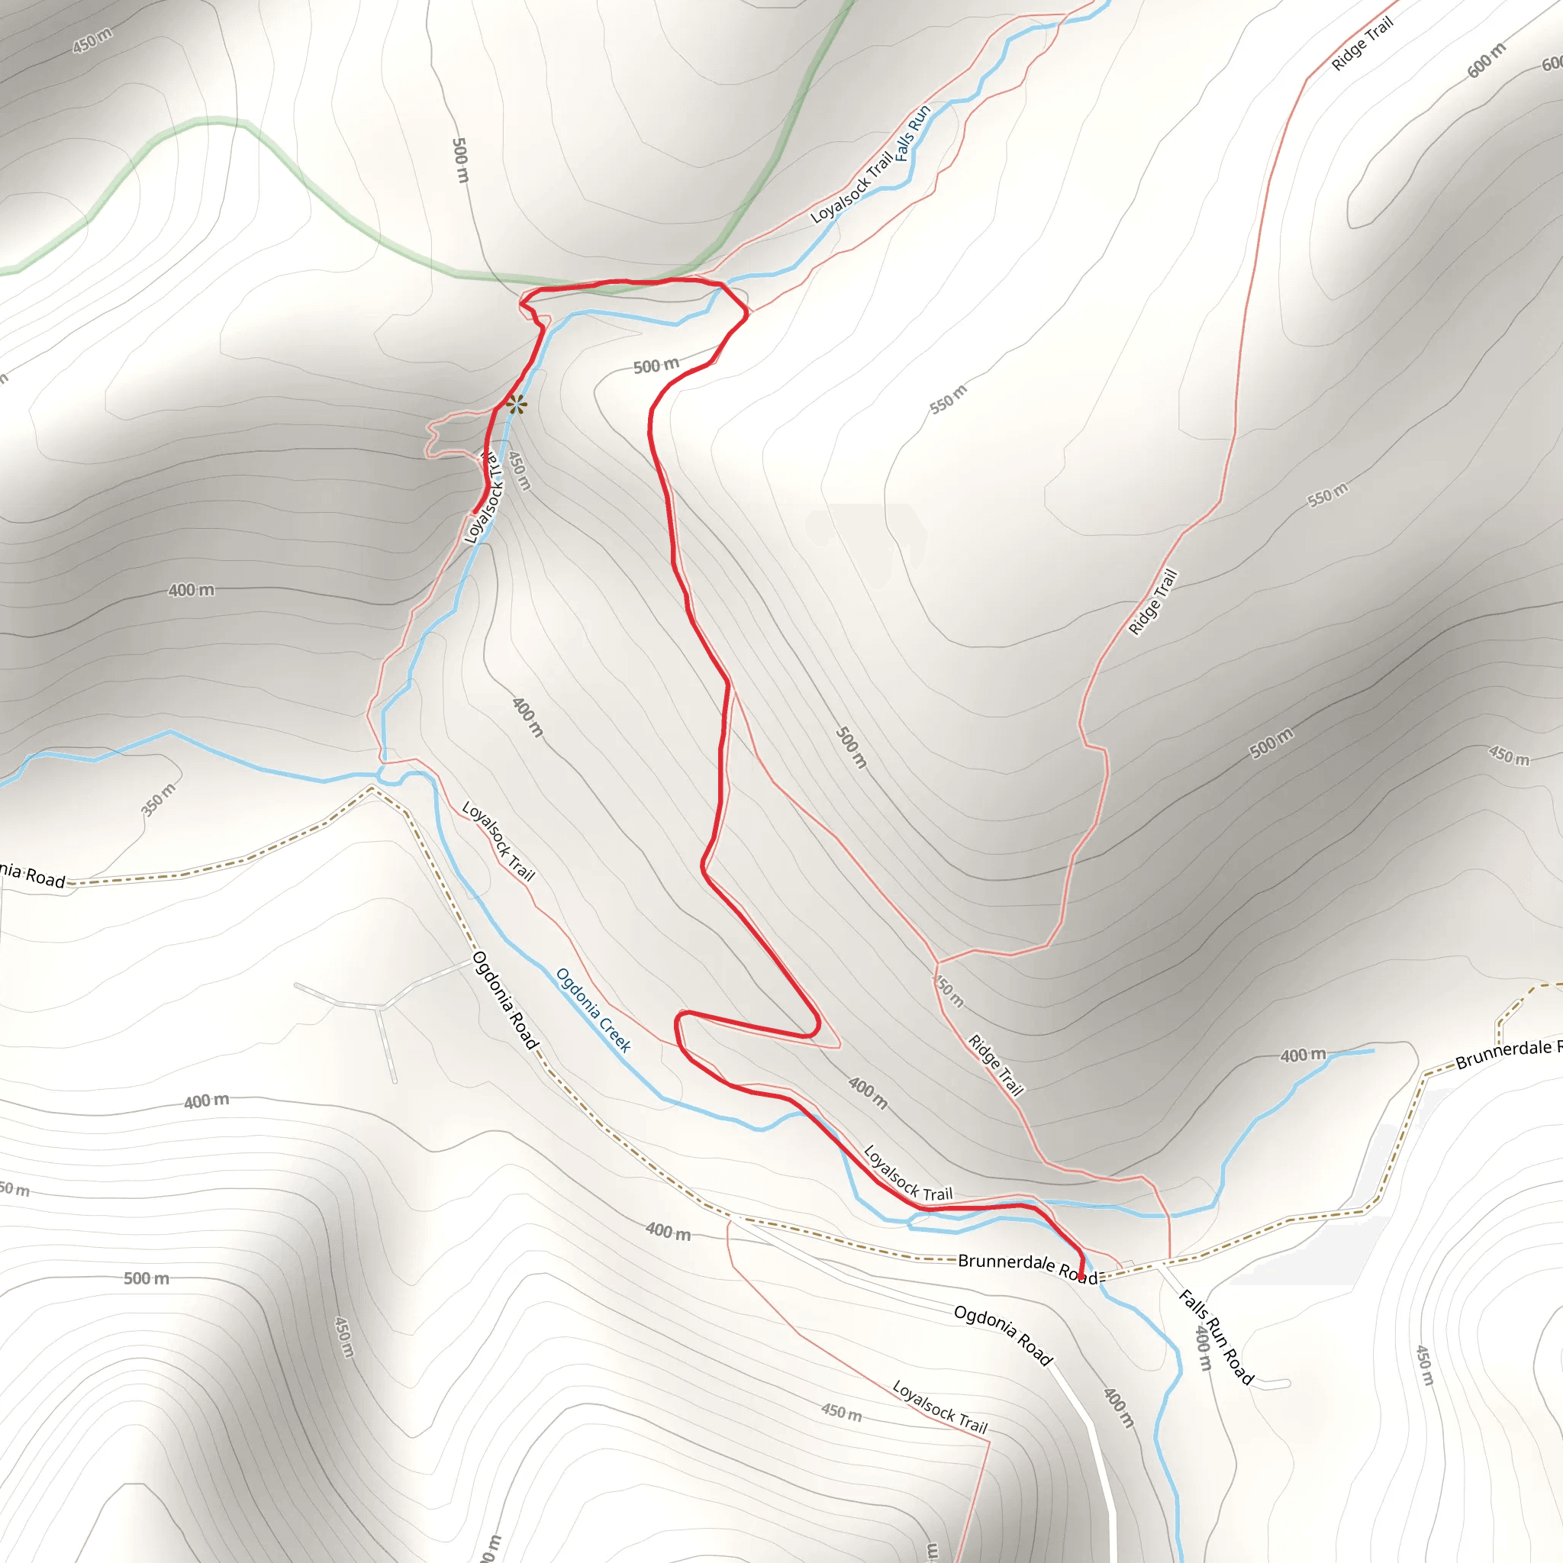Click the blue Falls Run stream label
tap(914, 134)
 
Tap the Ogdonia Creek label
tap(594, 1010)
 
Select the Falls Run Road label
tap(1216, 1336)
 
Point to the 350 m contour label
tap(158, 799)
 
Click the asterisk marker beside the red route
tap(516, 404)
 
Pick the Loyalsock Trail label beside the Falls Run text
tap(851, 188)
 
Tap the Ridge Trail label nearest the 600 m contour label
tap(1363, 44)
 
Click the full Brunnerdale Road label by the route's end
tap(1027, 1268)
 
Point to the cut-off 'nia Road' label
tap(32, 875)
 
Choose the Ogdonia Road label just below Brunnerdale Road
tap(1003, 1335)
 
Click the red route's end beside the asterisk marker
tap(475, 511)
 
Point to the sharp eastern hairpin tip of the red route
tap(818, 1025)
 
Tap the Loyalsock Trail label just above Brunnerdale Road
tap(907, 1173)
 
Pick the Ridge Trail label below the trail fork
tap(997, 1065)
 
